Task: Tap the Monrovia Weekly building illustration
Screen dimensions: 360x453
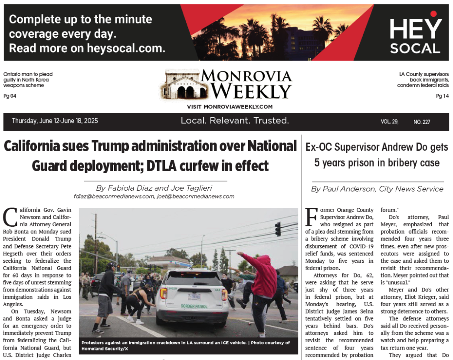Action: tap(180, 86)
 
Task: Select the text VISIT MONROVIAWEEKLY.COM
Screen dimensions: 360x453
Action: tap(230, 107)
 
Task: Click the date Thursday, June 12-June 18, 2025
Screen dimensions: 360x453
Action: tap(55, 121)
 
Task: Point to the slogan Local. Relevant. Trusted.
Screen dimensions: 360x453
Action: tap(235, 121)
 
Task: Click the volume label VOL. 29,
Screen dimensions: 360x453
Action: tap(390, 122)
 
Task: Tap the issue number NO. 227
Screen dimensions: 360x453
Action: tap(422, 122)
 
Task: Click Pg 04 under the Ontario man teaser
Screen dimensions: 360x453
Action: tap(10, 96)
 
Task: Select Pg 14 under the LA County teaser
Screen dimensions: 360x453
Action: tap(442, 96)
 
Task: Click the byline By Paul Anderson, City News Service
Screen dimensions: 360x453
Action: tap(377, 189)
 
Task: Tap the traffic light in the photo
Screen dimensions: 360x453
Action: tap(278, 228)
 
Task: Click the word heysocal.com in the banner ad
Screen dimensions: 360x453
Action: tap(126, 48)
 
